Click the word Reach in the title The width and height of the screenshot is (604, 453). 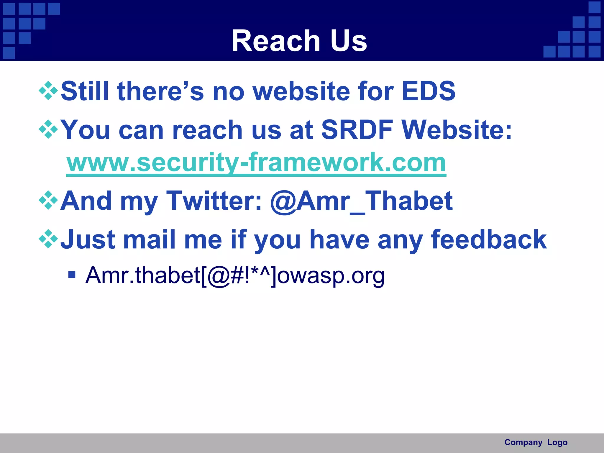click(276, 41)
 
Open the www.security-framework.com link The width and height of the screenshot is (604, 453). click(256, 163)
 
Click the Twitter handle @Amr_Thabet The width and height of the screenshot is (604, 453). click(361, 201)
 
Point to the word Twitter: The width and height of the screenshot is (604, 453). click(214, 201)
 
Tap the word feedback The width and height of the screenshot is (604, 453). click(489, 239)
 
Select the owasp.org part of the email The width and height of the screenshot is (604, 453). click(331, 275)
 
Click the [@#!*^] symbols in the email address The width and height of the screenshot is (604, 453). click(239, 275)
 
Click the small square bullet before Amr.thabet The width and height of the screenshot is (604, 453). click(72, 275)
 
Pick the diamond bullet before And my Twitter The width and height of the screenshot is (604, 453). click(48, 201)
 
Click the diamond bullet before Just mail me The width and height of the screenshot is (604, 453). click(48, 239)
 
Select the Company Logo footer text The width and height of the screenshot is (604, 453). click(536, 442)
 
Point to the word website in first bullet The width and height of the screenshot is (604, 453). click(301, 91)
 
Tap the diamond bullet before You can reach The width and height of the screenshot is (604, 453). click(48, 129)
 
